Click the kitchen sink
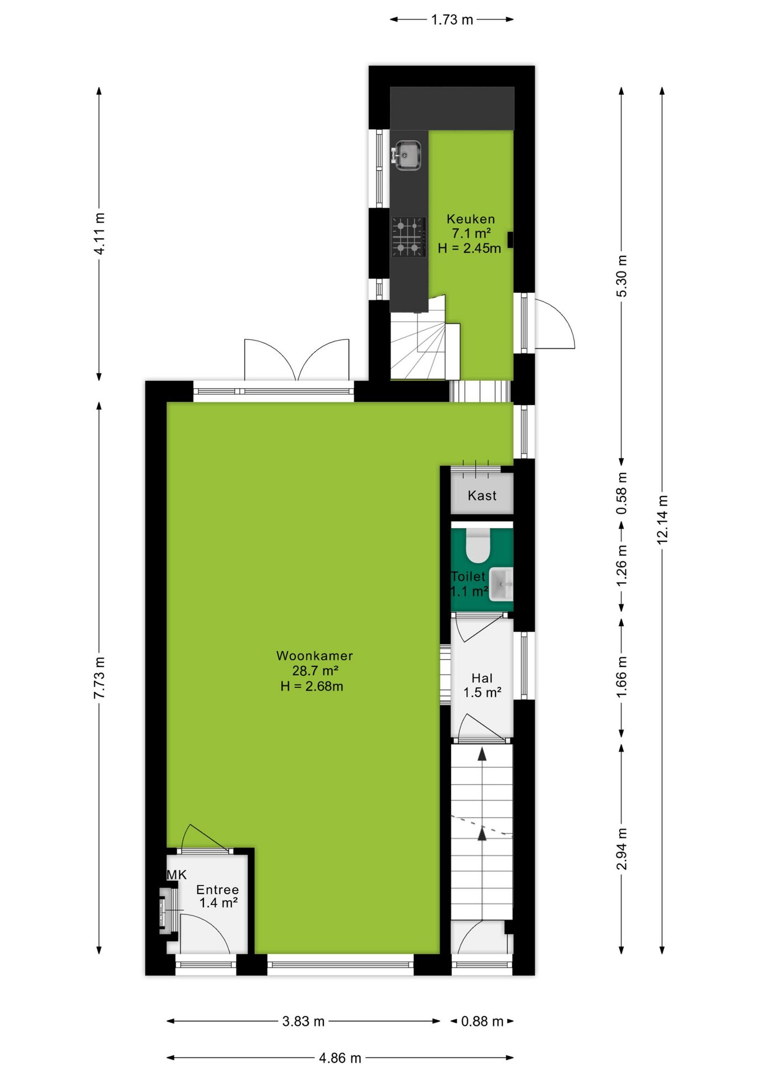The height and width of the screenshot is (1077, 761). pos(407,155)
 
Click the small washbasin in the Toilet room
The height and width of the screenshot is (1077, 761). pos(501,584)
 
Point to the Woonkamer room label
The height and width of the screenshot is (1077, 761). pos(314,656)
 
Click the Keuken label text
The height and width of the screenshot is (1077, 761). pos(471,219)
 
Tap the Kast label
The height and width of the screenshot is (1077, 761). pos(482,495)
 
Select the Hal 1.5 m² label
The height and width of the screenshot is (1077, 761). pos(482,685)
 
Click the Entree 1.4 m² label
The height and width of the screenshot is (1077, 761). pos(217,896)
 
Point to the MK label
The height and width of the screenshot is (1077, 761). pos(177,875)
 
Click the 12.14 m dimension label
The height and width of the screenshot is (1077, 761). pos(662,519)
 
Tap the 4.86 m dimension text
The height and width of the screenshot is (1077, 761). pos(340,1058)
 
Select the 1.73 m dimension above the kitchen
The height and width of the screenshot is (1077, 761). pos(452,20)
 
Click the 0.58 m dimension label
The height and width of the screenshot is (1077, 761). pos(621,493)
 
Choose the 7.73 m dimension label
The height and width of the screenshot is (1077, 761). pos(99,678)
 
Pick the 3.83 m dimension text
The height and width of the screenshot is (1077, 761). pos(303,1021)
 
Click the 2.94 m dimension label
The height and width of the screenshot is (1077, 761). pos(621,849)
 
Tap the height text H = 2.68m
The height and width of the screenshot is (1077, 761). pos(312,686)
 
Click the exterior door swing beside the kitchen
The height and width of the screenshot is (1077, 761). pos(555,324)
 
